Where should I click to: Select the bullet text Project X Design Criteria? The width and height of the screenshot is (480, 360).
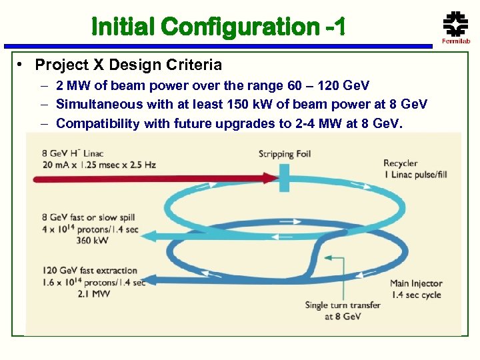[128, 65]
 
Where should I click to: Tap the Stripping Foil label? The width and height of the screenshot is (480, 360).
[285, 155]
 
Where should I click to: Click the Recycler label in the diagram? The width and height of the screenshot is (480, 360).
[401, 163]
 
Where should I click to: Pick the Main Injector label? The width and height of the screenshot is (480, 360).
[416, 283]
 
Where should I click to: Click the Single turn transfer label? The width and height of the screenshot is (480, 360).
[343, 305]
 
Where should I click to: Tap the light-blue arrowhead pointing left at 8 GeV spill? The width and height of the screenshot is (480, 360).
[149, 235]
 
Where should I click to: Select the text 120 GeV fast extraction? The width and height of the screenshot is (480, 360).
[89, 271]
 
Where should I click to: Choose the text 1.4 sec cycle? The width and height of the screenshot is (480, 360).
[415, 295]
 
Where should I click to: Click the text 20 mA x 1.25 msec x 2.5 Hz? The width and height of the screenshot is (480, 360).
[99, 164]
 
